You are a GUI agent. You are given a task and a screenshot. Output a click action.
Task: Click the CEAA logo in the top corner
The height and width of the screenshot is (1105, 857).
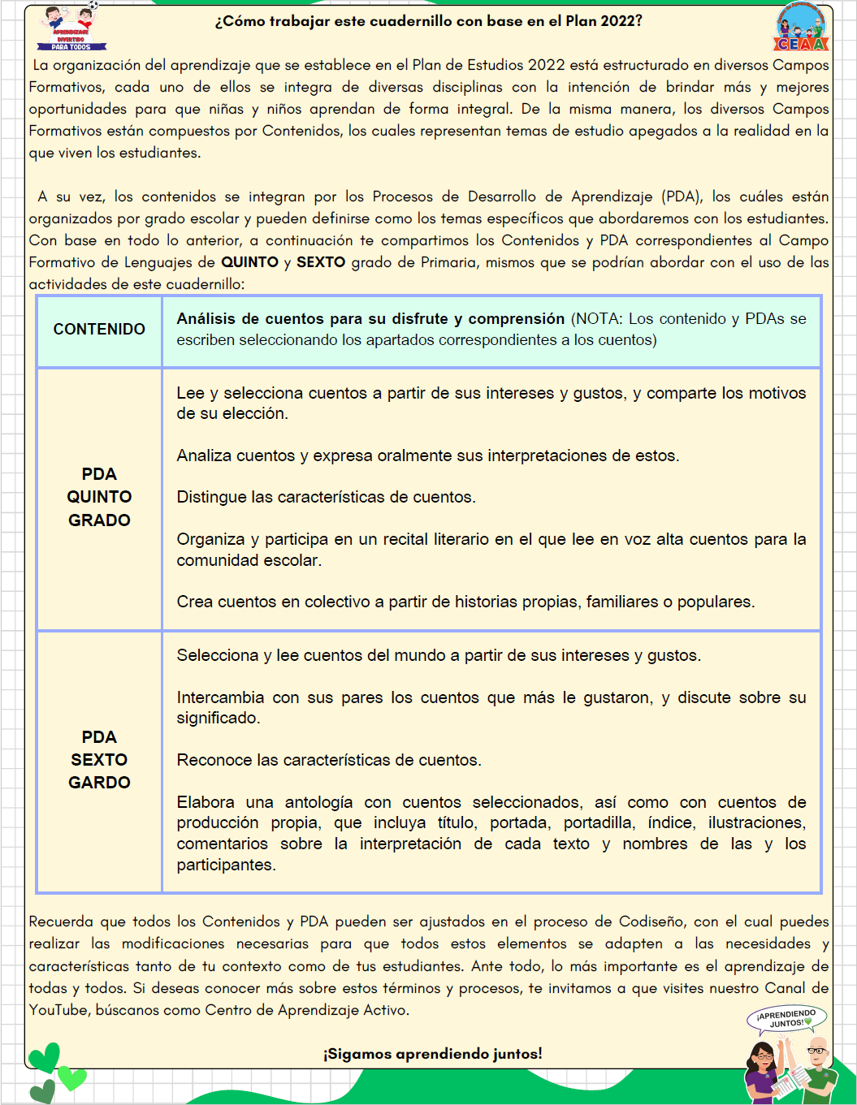pos(801,28)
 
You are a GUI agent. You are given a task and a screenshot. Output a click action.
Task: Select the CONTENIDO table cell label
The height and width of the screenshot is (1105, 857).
pos(99,329)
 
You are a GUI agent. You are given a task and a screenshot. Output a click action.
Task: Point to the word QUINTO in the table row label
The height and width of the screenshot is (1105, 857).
pos(99,497)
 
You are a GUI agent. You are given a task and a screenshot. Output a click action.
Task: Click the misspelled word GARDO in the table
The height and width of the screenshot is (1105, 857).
pos(99,783)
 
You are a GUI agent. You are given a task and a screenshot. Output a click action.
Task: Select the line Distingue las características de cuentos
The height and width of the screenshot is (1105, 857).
pos(326,497)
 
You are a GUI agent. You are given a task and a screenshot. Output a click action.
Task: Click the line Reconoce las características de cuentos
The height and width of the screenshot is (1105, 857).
pos(329,760)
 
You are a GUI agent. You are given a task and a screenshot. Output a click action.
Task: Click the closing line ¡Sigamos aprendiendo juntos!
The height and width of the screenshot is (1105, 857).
pos(432,1054)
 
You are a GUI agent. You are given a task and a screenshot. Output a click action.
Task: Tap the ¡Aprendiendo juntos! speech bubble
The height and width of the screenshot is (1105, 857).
pos(786,1018)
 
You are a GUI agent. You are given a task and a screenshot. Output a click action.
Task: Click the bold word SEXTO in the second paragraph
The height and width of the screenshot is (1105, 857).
pos(321,262)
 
